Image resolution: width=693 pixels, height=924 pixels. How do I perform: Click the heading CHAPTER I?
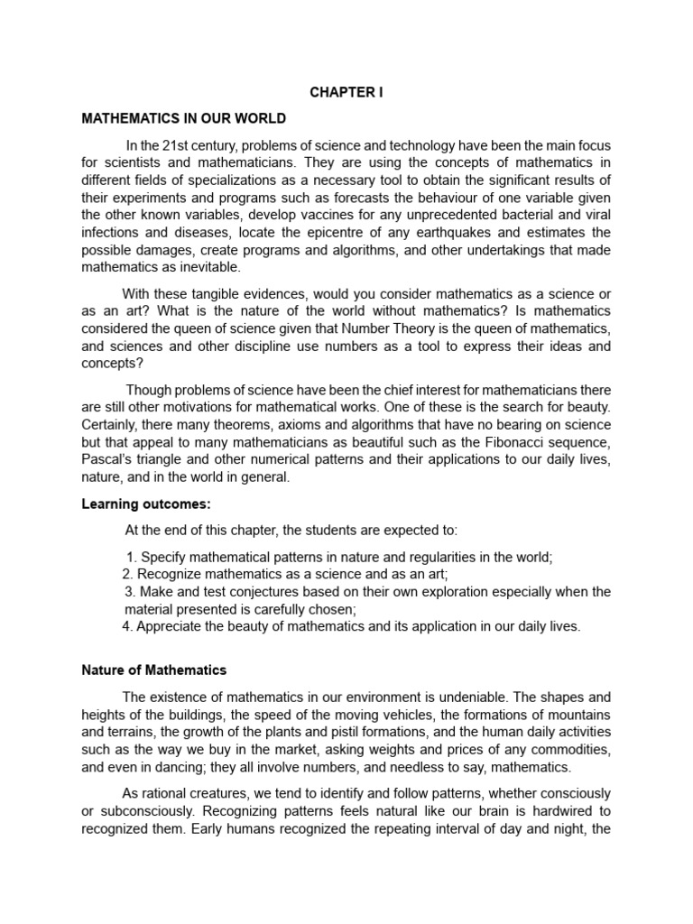pos(346,93)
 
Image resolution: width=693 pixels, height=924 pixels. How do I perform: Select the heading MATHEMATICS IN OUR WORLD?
pos(184,118)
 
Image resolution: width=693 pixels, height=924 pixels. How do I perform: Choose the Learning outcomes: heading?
pos(145,504)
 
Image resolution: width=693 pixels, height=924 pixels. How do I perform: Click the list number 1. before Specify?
pos(133,558)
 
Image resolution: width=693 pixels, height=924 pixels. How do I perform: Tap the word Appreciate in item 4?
pos(169,626)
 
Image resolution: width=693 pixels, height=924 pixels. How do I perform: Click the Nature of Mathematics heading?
pos(153,670)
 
